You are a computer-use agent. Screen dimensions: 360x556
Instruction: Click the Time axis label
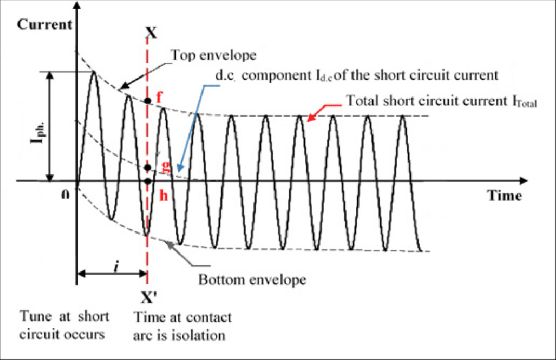(504, 195)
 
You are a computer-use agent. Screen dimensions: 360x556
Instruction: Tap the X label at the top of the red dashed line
(151, 31)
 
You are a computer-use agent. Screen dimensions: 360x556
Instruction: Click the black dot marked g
(148, 168)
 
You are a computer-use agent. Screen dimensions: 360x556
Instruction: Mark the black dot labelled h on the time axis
(148, 181)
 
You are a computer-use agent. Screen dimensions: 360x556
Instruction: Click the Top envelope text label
(214, 55)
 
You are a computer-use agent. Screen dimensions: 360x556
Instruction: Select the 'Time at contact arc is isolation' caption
(182, 325)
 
